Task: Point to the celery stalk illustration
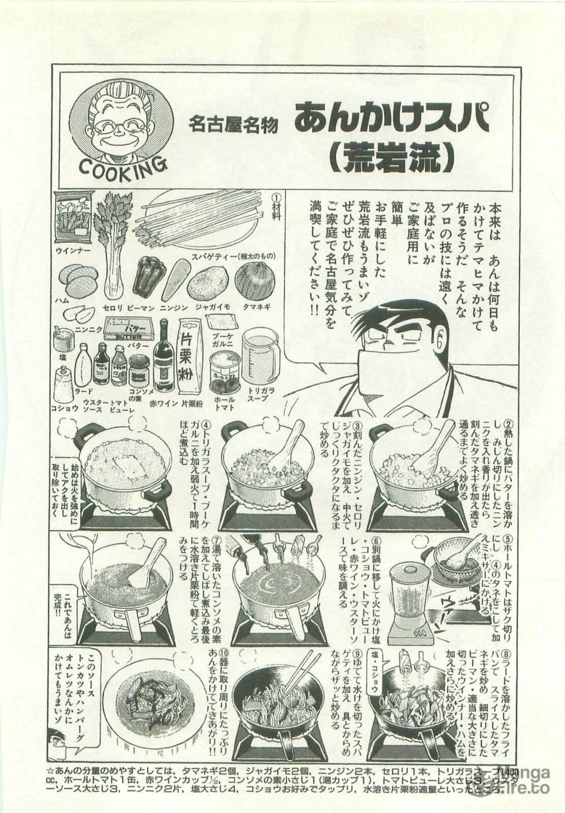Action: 112,239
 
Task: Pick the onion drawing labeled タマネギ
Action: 255,280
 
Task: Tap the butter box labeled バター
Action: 129,328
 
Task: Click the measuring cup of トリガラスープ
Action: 259,355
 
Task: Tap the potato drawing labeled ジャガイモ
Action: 208,281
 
